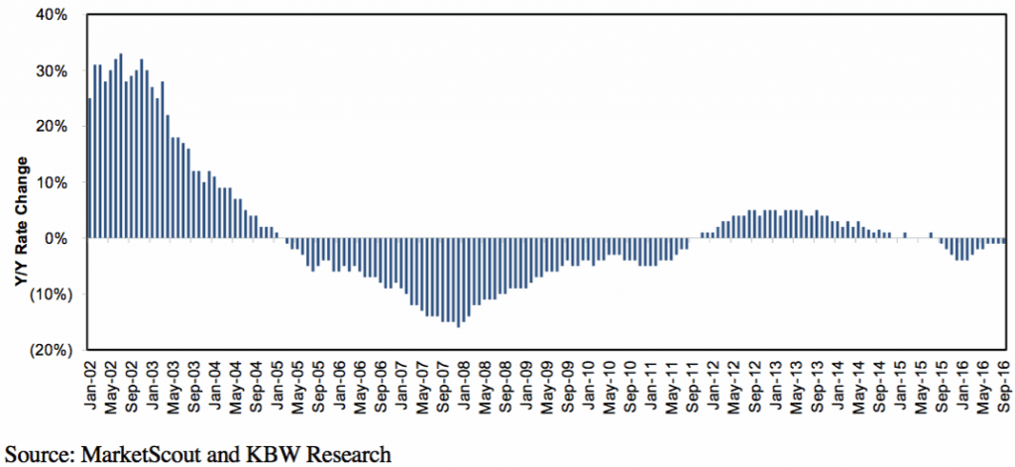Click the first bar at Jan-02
click(89, 169)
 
